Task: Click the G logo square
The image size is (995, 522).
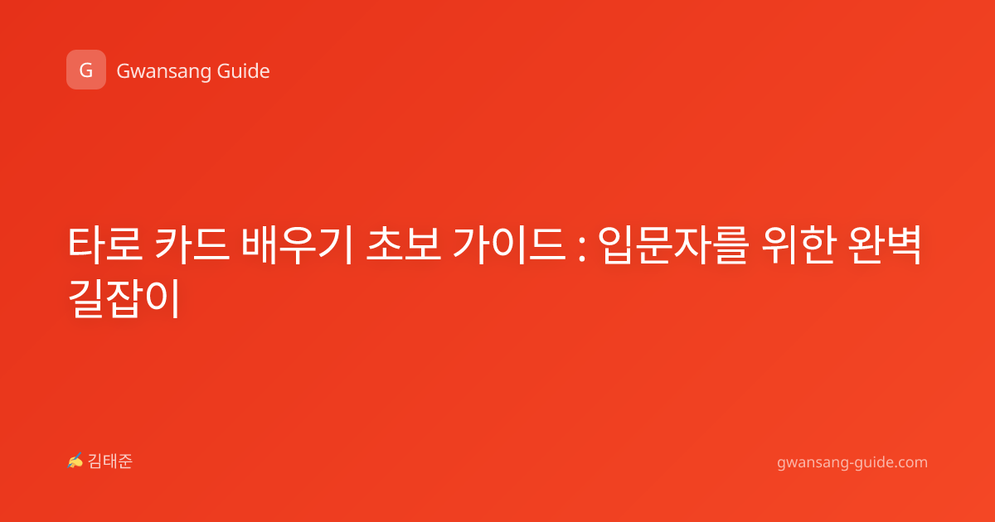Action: (x=86, y=70)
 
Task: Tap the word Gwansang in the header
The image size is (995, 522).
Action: (x=163, y=71)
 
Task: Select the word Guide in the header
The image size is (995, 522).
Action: (x=243, y=71)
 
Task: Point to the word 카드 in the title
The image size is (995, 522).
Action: (x=192, y=244)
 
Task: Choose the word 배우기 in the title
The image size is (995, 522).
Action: (x=298, y=244)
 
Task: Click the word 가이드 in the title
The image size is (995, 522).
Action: (x=509, y=244)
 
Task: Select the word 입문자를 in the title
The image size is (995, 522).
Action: (x=673, y=244)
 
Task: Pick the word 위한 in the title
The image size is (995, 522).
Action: (x=798, y=244)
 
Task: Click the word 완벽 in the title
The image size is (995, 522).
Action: (x=884, y=244)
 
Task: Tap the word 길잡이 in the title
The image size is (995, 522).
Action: (x=124, y=297)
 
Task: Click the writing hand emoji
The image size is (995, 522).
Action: (x=75, y=461)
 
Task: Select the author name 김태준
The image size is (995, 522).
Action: (x=110, y=462)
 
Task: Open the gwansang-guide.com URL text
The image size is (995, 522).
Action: (x=852, y=462)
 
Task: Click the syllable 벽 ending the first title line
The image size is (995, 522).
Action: (x=903, y=244)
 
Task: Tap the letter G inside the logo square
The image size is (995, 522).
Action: (x=86, y=70)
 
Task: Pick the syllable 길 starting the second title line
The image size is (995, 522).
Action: (x=86, y=297)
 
